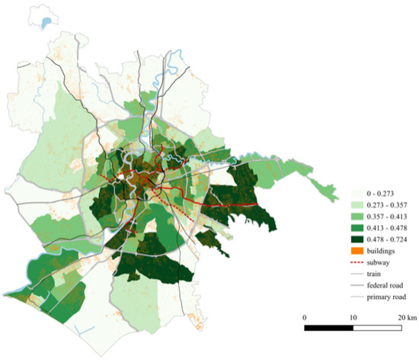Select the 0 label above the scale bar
[x=305, y=316]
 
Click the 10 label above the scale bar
[x=353, y=316]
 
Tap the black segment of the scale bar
[x=328, y=328]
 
